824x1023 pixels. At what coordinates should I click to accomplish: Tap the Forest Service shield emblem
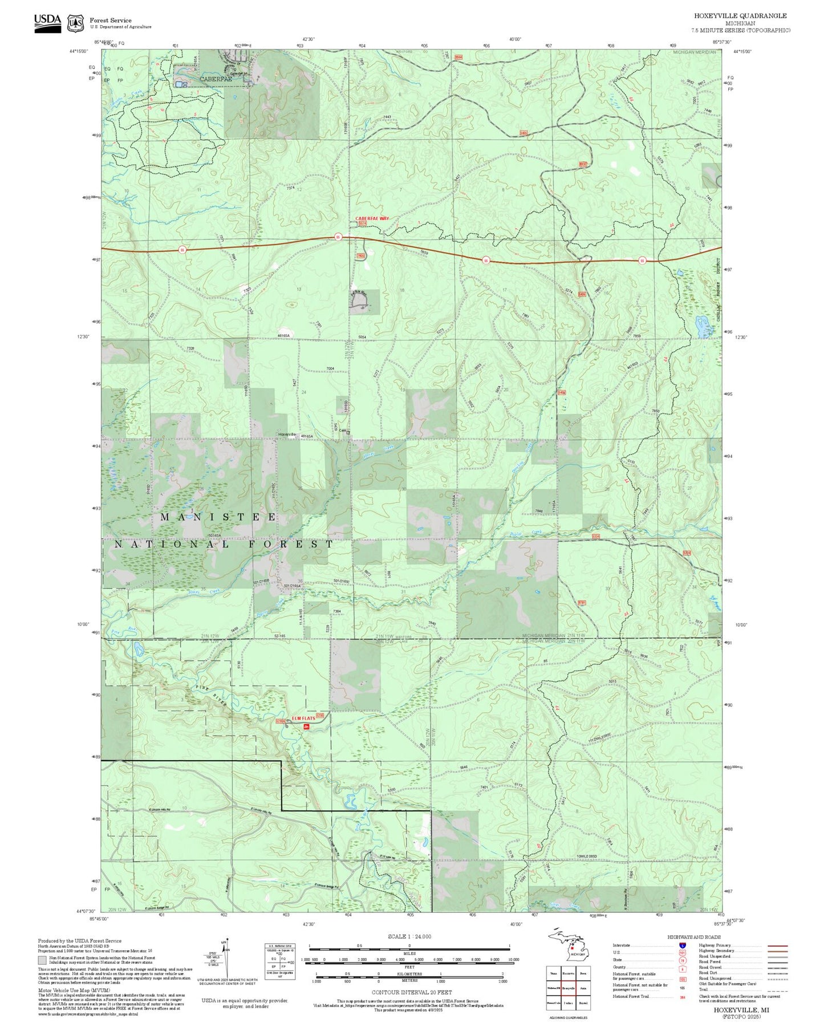(x=75, y=23)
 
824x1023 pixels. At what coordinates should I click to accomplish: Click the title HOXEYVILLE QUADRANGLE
(x=740, y=16)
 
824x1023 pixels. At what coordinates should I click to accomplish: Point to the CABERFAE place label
(x=216, y=79)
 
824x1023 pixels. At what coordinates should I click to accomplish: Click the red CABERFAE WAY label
(x=372, y=218)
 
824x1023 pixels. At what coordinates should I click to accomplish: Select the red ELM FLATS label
(x=303, y=718)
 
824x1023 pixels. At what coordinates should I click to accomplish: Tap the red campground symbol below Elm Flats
(x=307, y=726)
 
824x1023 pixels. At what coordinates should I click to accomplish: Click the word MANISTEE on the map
(x=219, y=517)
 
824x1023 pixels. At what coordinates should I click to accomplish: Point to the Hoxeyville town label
(x=287, y=435)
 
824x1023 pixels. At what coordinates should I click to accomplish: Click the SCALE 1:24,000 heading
(x=409, y=936)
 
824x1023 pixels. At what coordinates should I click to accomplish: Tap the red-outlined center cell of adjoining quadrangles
(x=568, y=988)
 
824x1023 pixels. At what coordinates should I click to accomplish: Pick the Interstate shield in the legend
(x=682, y=945)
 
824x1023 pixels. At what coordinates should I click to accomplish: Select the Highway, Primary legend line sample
(x=777, y=945)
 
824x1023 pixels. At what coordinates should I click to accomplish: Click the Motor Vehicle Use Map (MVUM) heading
(x=74, y=991)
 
